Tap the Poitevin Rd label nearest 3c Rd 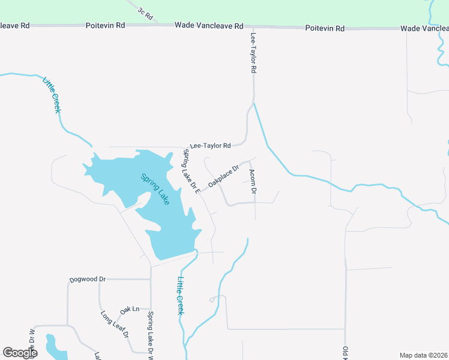click(x=105, y=26)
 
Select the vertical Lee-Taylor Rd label click(x=253, y=53)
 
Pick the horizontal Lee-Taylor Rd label click(x=210, y=146)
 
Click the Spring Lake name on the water click(x=155, y=190)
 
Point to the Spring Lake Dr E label click(x=191, y=171)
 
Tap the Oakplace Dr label click(x=223, y=175)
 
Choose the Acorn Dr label click(x=253, y=182)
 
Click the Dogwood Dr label click(x=88, y=280)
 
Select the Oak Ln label click(x=130, y=310)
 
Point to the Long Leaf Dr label click(x=115, y=325)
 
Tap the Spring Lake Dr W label click(x=151, y=335)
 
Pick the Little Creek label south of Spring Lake click(x=179, y=293)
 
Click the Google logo click(x=20, y=353)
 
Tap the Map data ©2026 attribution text click(x=423, y=355)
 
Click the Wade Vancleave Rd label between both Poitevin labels click(x=209, y=26)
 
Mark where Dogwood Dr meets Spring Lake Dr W click(x=151, y=280)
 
